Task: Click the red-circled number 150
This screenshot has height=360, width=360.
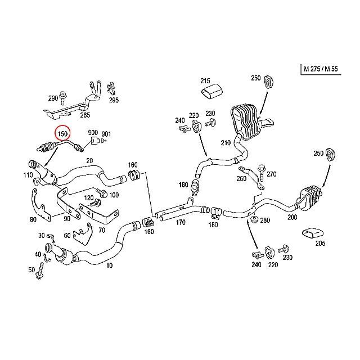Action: point(63,134)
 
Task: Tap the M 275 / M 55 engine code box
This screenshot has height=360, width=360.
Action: point(321,69)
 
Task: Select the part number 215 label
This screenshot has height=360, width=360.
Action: point(205,81)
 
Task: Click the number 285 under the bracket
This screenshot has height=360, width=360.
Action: point(85,115)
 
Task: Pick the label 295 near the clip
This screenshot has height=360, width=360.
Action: point(114,101)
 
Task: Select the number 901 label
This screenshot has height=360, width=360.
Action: point(106,134)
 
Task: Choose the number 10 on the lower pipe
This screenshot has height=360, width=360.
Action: point(109,265)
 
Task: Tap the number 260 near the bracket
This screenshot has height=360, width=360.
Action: point(242,179)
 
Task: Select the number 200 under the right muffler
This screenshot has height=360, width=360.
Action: point(291,217)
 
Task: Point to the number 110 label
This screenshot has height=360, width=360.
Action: point(27,175)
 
